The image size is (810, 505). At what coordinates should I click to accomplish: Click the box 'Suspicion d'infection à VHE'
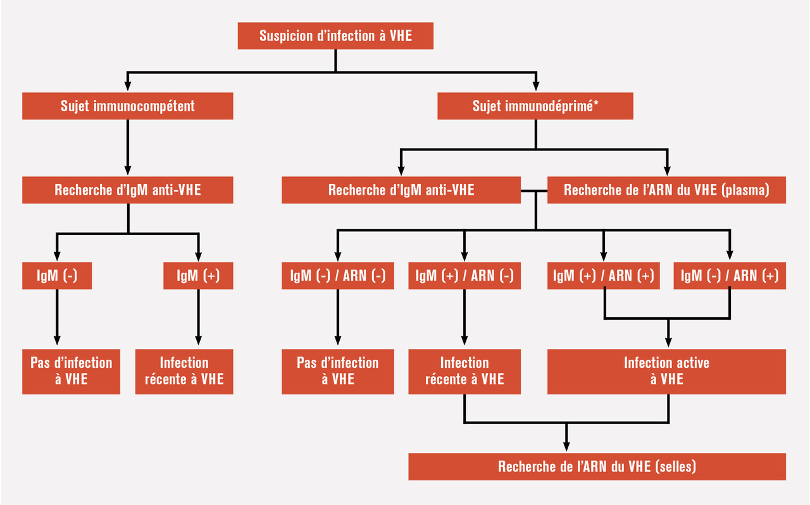click(335, 36)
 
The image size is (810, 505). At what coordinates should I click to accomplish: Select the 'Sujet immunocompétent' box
click(128, 106)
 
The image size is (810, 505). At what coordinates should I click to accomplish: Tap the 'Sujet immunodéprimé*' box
click(535, 106)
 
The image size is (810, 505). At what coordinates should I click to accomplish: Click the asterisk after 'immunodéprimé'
click(596, 104)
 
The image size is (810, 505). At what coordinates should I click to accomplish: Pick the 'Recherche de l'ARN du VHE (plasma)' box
click(666, 190)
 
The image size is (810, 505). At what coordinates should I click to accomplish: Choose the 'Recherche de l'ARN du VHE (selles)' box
click(597, 467)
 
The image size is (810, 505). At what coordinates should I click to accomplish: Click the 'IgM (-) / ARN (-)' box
click(337, 276)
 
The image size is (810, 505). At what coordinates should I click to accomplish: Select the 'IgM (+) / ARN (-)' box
click(464, 276)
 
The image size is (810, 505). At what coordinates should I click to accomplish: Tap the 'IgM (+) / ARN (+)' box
click(603, 276)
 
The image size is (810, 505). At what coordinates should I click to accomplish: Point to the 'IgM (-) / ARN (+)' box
click(730, 276)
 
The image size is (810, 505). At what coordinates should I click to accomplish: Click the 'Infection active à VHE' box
click(666, 372)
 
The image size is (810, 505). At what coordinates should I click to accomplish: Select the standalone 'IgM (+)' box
click(198, 276)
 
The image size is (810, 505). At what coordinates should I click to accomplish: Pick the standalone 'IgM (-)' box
click(57, 276)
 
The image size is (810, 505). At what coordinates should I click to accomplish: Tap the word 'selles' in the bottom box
click(676, 467)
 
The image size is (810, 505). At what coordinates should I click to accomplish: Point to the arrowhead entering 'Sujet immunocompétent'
click(128, 88)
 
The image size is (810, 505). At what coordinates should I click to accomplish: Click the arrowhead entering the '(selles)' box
click(566, 447)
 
